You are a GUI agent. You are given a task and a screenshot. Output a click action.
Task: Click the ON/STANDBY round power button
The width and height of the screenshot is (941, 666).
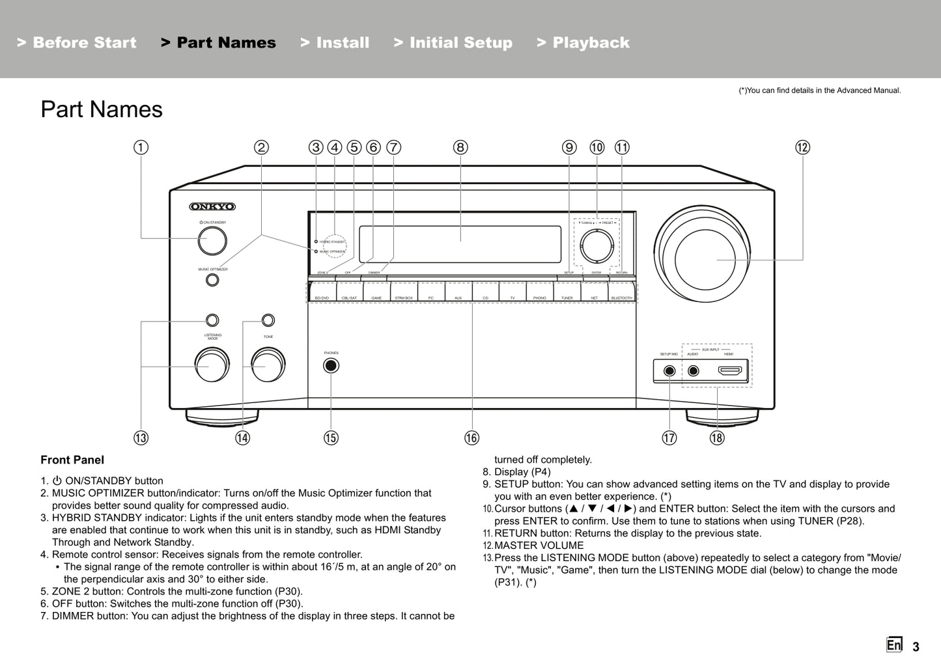pyautogui.click(x=212, y=241)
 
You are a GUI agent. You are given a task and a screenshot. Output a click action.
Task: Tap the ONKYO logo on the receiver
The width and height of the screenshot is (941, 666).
pyautogui.click(x=212, y=207)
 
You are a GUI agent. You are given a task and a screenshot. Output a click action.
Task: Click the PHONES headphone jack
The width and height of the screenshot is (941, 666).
pyautogui.click(x=331, y=365)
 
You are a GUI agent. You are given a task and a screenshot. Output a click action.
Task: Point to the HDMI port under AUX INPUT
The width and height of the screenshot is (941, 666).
pyautogui.click(x=729, y=371)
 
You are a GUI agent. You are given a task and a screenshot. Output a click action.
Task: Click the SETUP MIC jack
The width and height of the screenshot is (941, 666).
pyautogui.click(x=669, y=371)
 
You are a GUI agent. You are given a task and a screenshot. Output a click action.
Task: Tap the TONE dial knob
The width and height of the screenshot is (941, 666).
pyautogui.click(x=268, y=365)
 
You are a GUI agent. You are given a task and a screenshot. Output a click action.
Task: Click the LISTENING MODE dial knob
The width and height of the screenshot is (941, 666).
pyautogui.click(x=212, y=365)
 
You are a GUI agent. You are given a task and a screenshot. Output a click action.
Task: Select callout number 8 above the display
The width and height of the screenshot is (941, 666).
pyautogui.click(x=460, y=147)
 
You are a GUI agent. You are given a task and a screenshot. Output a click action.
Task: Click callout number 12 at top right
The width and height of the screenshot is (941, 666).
pyautogui.click(x=802, y=147)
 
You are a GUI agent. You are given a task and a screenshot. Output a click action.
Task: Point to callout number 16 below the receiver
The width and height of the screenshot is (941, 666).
pyautogui.click(x=471, y=438)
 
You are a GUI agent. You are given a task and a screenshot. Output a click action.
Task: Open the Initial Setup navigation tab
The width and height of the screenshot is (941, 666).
pyautogui.click(x=453, y=43)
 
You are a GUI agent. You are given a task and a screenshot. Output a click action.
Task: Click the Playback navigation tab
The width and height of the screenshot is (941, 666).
pyautogui.click(x=583, y=43)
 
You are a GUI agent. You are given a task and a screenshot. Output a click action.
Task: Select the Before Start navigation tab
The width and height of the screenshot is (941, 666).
pyautogui.click(x=77, y=43)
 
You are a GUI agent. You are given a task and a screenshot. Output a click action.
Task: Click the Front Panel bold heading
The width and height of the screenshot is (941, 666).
pyautogui.click(x=72, y=460)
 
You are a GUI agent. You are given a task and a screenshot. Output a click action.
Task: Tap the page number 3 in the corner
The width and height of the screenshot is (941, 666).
pyautogui.click(x=916, y=647)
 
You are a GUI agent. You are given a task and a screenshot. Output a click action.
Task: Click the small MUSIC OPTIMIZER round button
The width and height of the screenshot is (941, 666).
pyautogui.click(x=212, y=280)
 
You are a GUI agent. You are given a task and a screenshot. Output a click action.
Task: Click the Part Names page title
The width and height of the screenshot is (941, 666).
pyautogui.click(x=102, y=109)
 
